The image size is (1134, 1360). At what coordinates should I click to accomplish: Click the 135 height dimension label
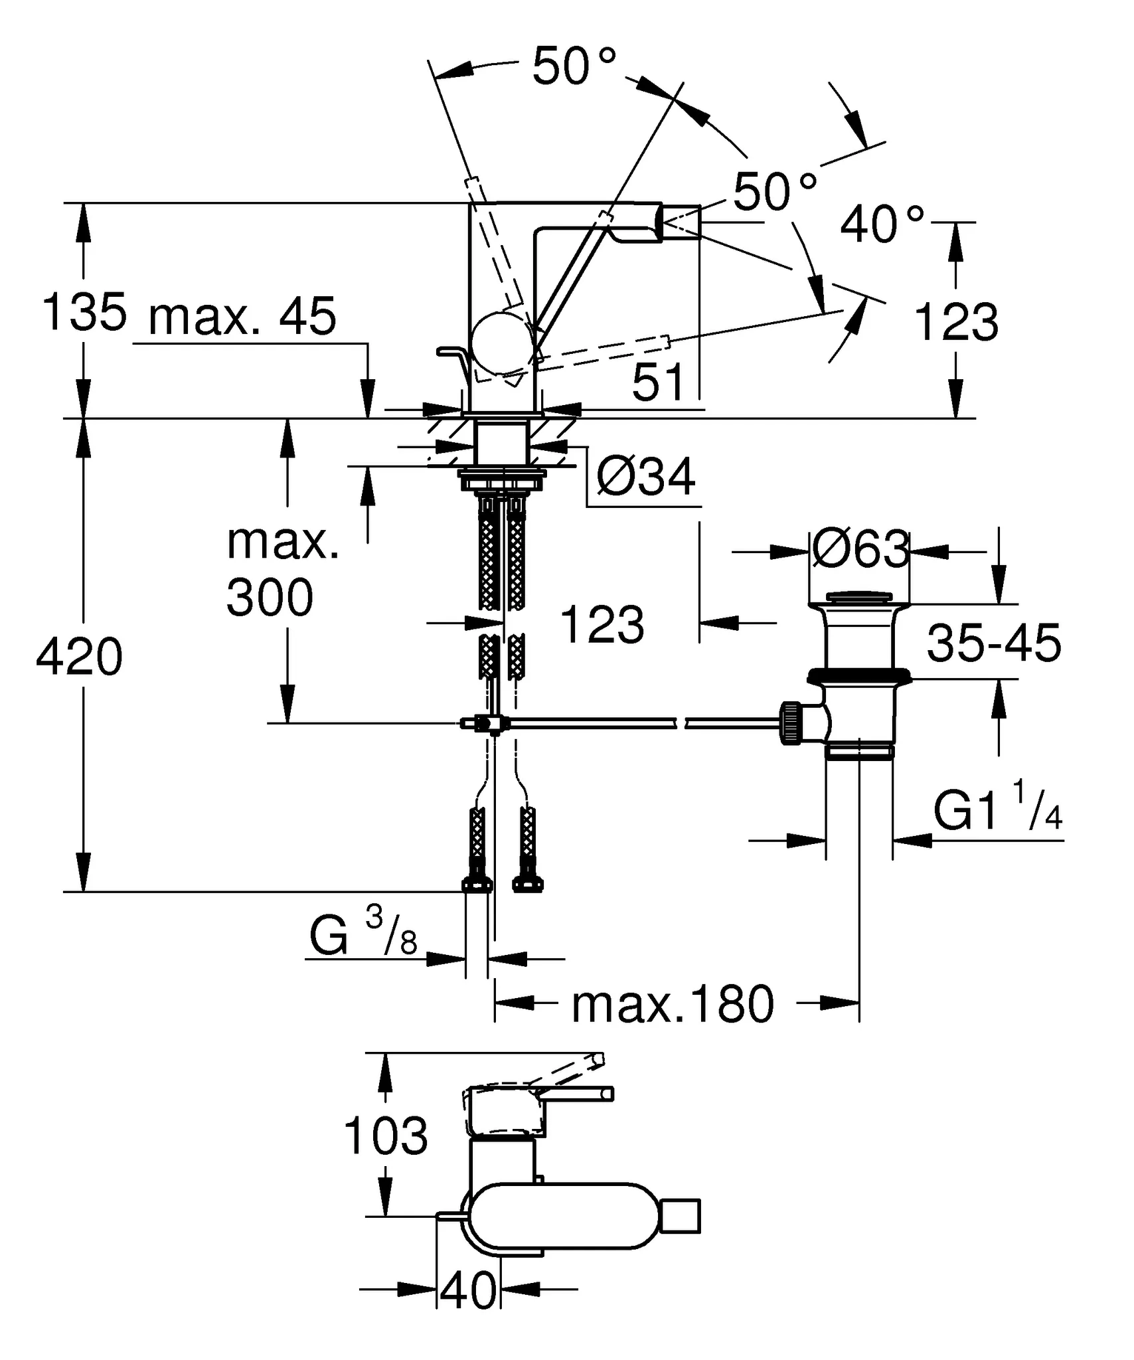tap(84, 311)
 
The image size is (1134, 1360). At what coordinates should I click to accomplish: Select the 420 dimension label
tap(80, 657)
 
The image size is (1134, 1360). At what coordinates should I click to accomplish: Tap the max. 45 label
tap(242, 317)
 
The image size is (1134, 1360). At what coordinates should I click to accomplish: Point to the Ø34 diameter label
tap(645, 476)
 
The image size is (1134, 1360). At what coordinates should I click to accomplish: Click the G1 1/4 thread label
tap(997, 811)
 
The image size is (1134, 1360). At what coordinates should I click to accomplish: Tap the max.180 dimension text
tap(672, 1004)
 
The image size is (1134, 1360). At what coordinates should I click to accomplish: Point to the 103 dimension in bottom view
tap(386, 1136)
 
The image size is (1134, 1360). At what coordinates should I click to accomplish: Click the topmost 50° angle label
tap(574, 66)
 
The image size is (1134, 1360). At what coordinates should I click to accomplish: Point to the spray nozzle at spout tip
tap(680, 221)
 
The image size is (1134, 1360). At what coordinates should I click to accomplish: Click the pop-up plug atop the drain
tap(860, 596)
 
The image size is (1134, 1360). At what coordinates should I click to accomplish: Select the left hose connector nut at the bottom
tap(477, 883)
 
